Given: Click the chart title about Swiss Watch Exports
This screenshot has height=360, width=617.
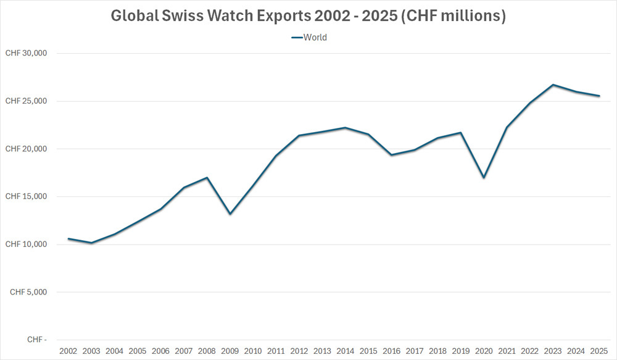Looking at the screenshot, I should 308,16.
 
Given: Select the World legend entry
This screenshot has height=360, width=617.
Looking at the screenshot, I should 309,37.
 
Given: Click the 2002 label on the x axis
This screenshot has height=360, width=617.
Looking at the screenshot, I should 68,351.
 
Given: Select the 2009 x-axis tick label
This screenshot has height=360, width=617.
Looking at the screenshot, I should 230,351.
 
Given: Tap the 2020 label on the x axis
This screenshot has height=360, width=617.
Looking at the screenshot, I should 484,351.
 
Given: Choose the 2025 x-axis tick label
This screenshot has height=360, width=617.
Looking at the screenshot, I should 599,351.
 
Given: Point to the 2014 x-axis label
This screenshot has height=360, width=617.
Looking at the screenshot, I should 345,351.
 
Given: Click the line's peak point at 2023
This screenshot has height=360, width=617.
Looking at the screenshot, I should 553,85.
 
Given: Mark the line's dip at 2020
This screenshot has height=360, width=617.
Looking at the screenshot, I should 484,178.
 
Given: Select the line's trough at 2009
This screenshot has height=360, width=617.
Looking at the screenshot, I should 230,214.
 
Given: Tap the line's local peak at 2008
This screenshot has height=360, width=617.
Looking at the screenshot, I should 207,178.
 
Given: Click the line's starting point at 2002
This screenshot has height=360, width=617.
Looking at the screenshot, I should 68,238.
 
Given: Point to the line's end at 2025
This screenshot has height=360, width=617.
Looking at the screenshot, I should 599,96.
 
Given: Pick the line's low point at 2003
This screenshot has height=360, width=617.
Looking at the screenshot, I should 91,243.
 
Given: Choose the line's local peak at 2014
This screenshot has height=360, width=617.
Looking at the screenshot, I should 345,128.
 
